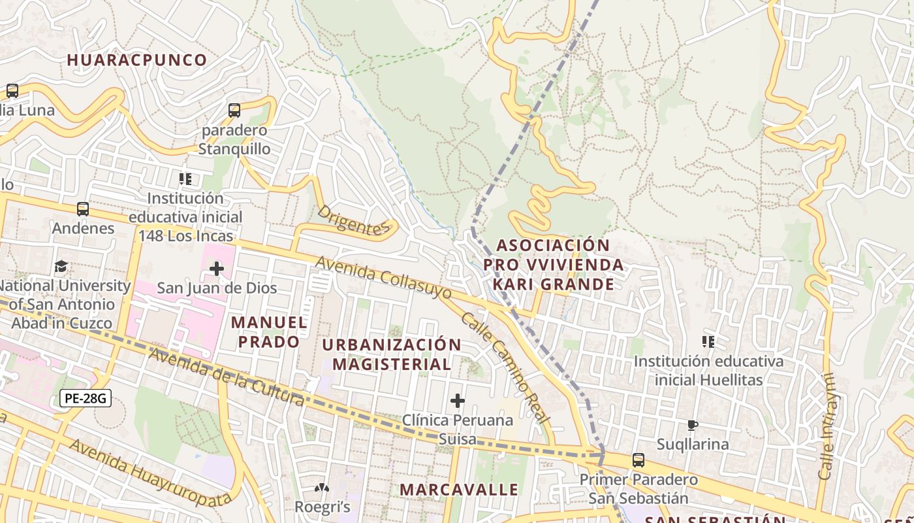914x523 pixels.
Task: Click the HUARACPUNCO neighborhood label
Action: click(137, 59)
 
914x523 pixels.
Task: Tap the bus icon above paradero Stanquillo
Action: click(234, 110)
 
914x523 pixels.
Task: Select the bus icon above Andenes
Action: click(83, 209)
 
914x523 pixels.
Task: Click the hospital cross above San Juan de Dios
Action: click(217, 269)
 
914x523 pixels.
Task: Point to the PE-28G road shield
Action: click(86, 397)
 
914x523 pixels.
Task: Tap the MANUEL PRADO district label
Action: click(269, 331)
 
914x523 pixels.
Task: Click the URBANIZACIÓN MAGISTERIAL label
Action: click(392, 354)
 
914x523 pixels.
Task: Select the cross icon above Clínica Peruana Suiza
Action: click(458, 401)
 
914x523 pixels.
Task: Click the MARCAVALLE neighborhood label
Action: click(459, 490)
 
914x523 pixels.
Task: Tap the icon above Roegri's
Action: click(322, 488)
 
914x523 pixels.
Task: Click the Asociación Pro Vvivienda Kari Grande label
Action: click(554, 265)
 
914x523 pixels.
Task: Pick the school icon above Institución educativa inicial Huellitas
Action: click(708, 341)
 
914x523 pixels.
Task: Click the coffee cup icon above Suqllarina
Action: click(693, 426)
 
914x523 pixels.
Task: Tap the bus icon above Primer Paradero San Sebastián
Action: click(638, 460)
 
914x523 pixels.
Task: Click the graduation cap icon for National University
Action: click(61, 267)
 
